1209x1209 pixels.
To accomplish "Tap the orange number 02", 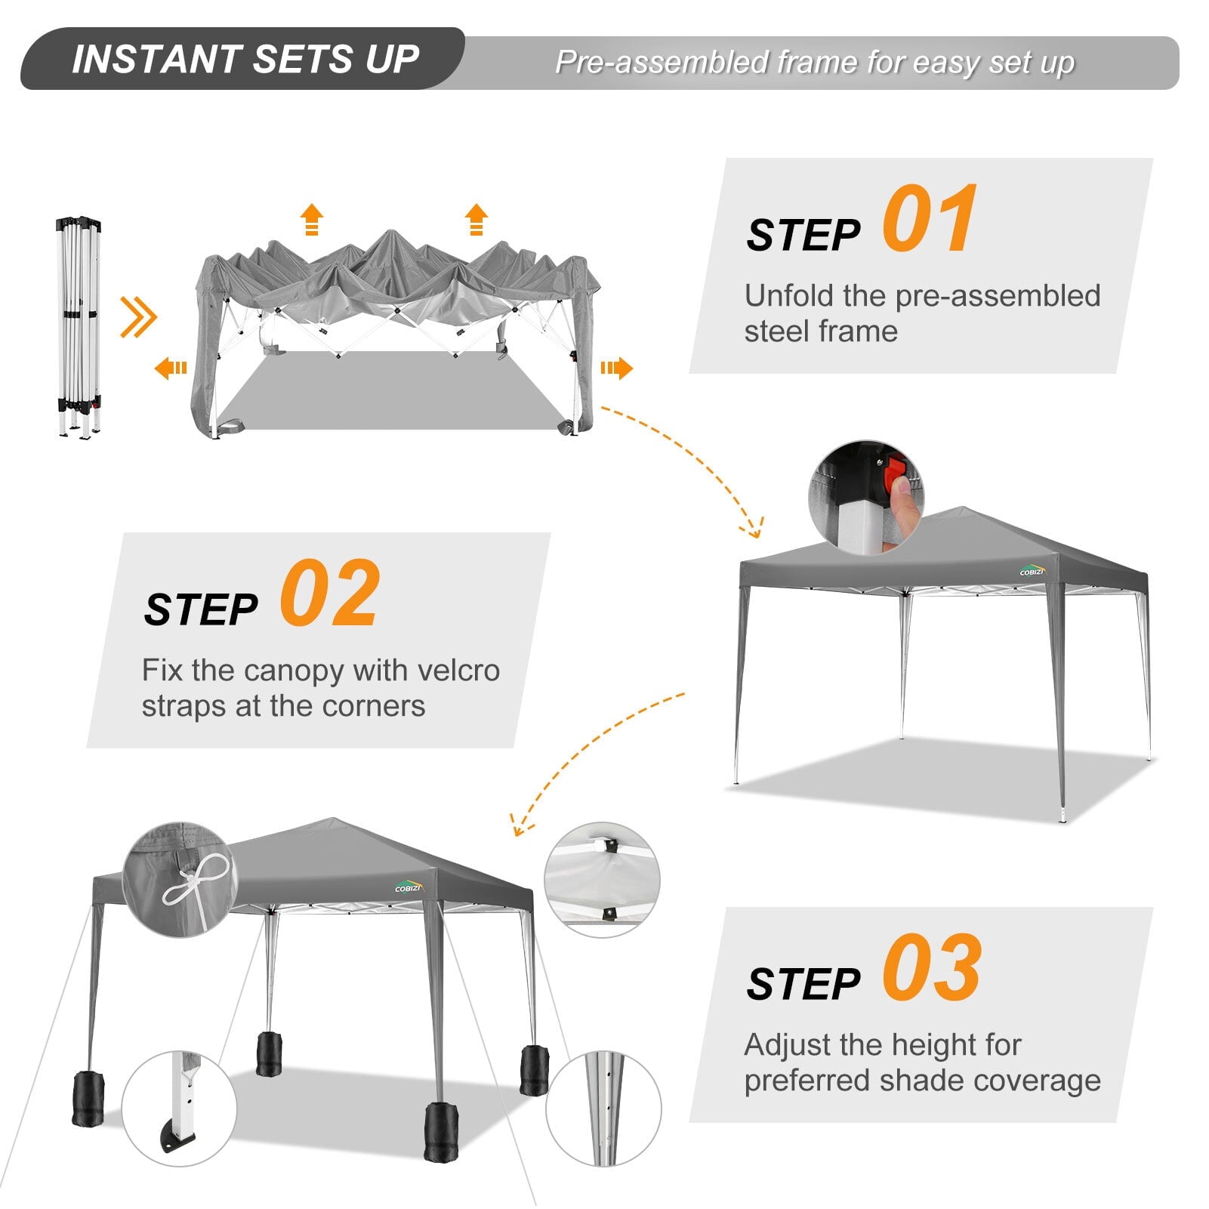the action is (x=329, y=594).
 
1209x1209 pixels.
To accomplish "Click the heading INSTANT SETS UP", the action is (x=245, y=59).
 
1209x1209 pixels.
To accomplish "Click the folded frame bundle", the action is (x=79, y=327).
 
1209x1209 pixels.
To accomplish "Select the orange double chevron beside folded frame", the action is (x=138, y=317).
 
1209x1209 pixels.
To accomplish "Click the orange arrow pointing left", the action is (x=171, y=369).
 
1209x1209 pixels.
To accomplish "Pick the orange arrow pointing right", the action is (x=616, y=369).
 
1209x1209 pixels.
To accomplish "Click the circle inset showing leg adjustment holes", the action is (x=603, y=1108).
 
